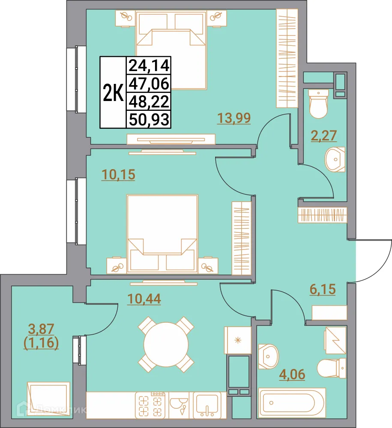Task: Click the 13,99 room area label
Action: [234, 119]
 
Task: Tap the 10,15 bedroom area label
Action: [118, 175]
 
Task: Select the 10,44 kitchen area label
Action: [144, 299]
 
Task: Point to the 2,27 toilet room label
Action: [324, 136]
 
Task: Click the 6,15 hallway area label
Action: [323, 289]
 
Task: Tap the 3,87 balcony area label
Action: [41, 329]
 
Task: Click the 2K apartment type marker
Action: [113, 93]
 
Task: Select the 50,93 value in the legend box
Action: [149, 119]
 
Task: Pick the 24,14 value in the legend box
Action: [149, 66]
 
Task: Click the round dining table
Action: [166, 345]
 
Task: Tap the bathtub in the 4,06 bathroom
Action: [292, 403]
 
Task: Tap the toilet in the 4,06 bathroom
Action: [332, 369]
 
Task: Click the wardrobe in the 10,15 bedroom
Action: [242, 238]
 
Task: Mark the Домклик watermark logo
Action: [51, 410]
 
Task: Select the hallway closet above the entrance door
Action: [322, 215]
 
